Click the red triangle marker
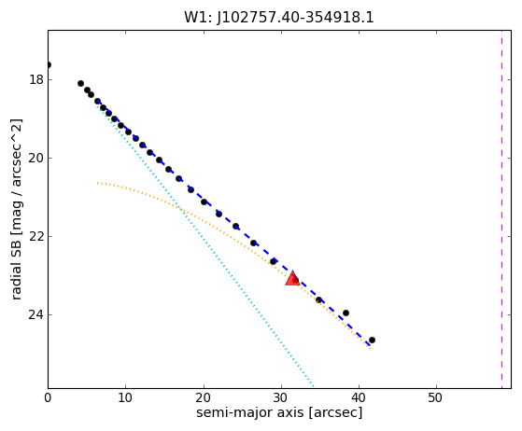[x=292, y=279]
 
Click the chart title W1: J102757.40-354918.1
[x=279, y=18]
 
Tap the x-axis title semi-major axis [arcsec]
[x=279, y=412]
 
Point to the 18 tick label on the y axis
[x=36, y=80]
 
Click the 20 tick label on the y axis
[x=36, y=158]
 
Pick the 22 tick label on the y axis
[x=36, y=236]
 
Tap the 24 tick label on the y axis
[x=36, y=314]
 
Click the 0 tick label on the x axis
[x=48, y=397]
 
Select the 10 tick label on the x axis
[x=125, y=397]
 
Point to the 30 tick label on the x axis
[x=281, y=397]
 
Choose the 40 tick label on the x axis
[x=359, y=397]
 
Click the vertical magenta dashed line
[x=501, y=210]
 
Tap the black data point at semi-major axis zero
[x=49, y=65]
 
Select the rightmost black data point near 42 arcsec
[x=372, y=340]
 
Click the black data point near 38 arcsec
[x=346, y=313]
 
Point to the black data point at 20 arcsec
[x=205, y=202]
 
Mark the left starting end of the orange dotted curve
[x=97, y=183]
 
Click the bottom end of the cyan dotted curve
[x=313, y=386]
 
